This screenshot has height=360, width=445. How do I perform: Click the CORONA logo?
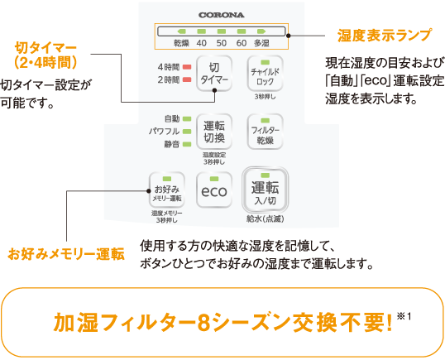[222, 15]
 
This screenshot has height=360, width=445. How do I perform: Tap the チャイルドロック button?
[265, 74]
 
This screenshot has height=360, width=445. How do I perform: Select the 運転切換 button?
[214, 132]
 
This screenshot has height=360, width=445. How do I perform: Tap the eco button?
[214, 190]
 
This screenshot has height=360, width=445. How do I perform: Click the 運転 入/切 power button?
[265, 190]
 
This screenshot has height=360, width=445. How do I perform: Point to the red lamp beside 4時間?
[187, 67]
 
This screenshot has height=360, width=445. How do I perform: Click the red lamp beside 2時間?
[187, 79]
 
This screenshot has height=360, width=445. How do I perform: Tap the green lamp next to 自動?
[187, 118]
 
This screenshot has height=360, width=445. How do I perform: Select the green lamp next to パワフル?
[187, 132]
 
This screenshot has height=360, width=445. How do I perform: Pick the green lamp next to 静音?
[187, 144]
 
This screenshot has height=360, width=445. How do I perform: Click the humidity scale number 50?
[222, 43]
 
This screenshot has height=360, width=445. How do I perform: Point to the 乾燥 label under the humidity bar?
[181, 43]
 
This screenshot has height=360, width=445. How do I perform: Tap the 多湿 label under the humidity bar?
[261, 43]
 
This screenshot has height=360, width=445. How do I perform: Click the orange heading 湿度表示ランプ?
[385, 36]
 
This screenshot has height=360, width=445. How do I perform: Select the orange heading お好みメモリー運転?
[66, 254]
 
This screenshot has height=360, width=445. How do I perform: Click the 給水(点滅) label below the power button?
[265, 218]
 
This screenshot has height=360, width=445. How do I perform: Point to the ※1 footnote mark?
[404, 316]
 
